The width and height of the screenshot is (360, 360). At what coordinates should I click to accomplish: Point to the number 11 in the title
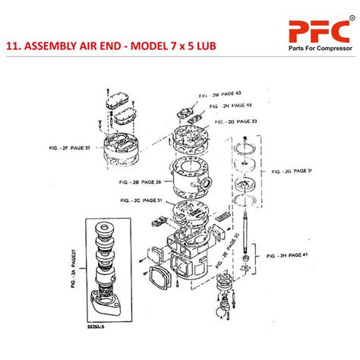point(12,45)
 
